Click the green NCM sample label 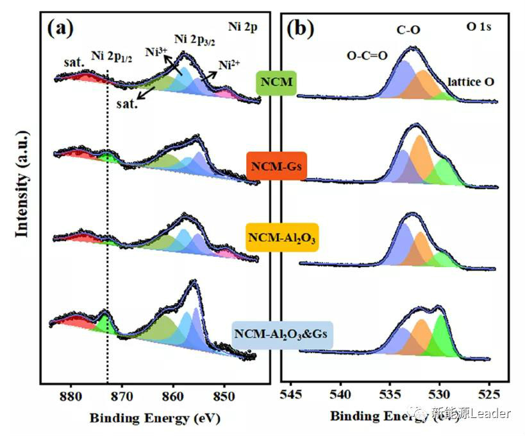tap(276, 83)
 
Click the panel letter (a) tap(60, 28)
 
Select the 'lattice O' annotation tap(471, 82)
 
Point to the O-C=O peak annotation tap(367, 55)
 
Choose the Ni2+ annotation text tap(229, 65)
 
